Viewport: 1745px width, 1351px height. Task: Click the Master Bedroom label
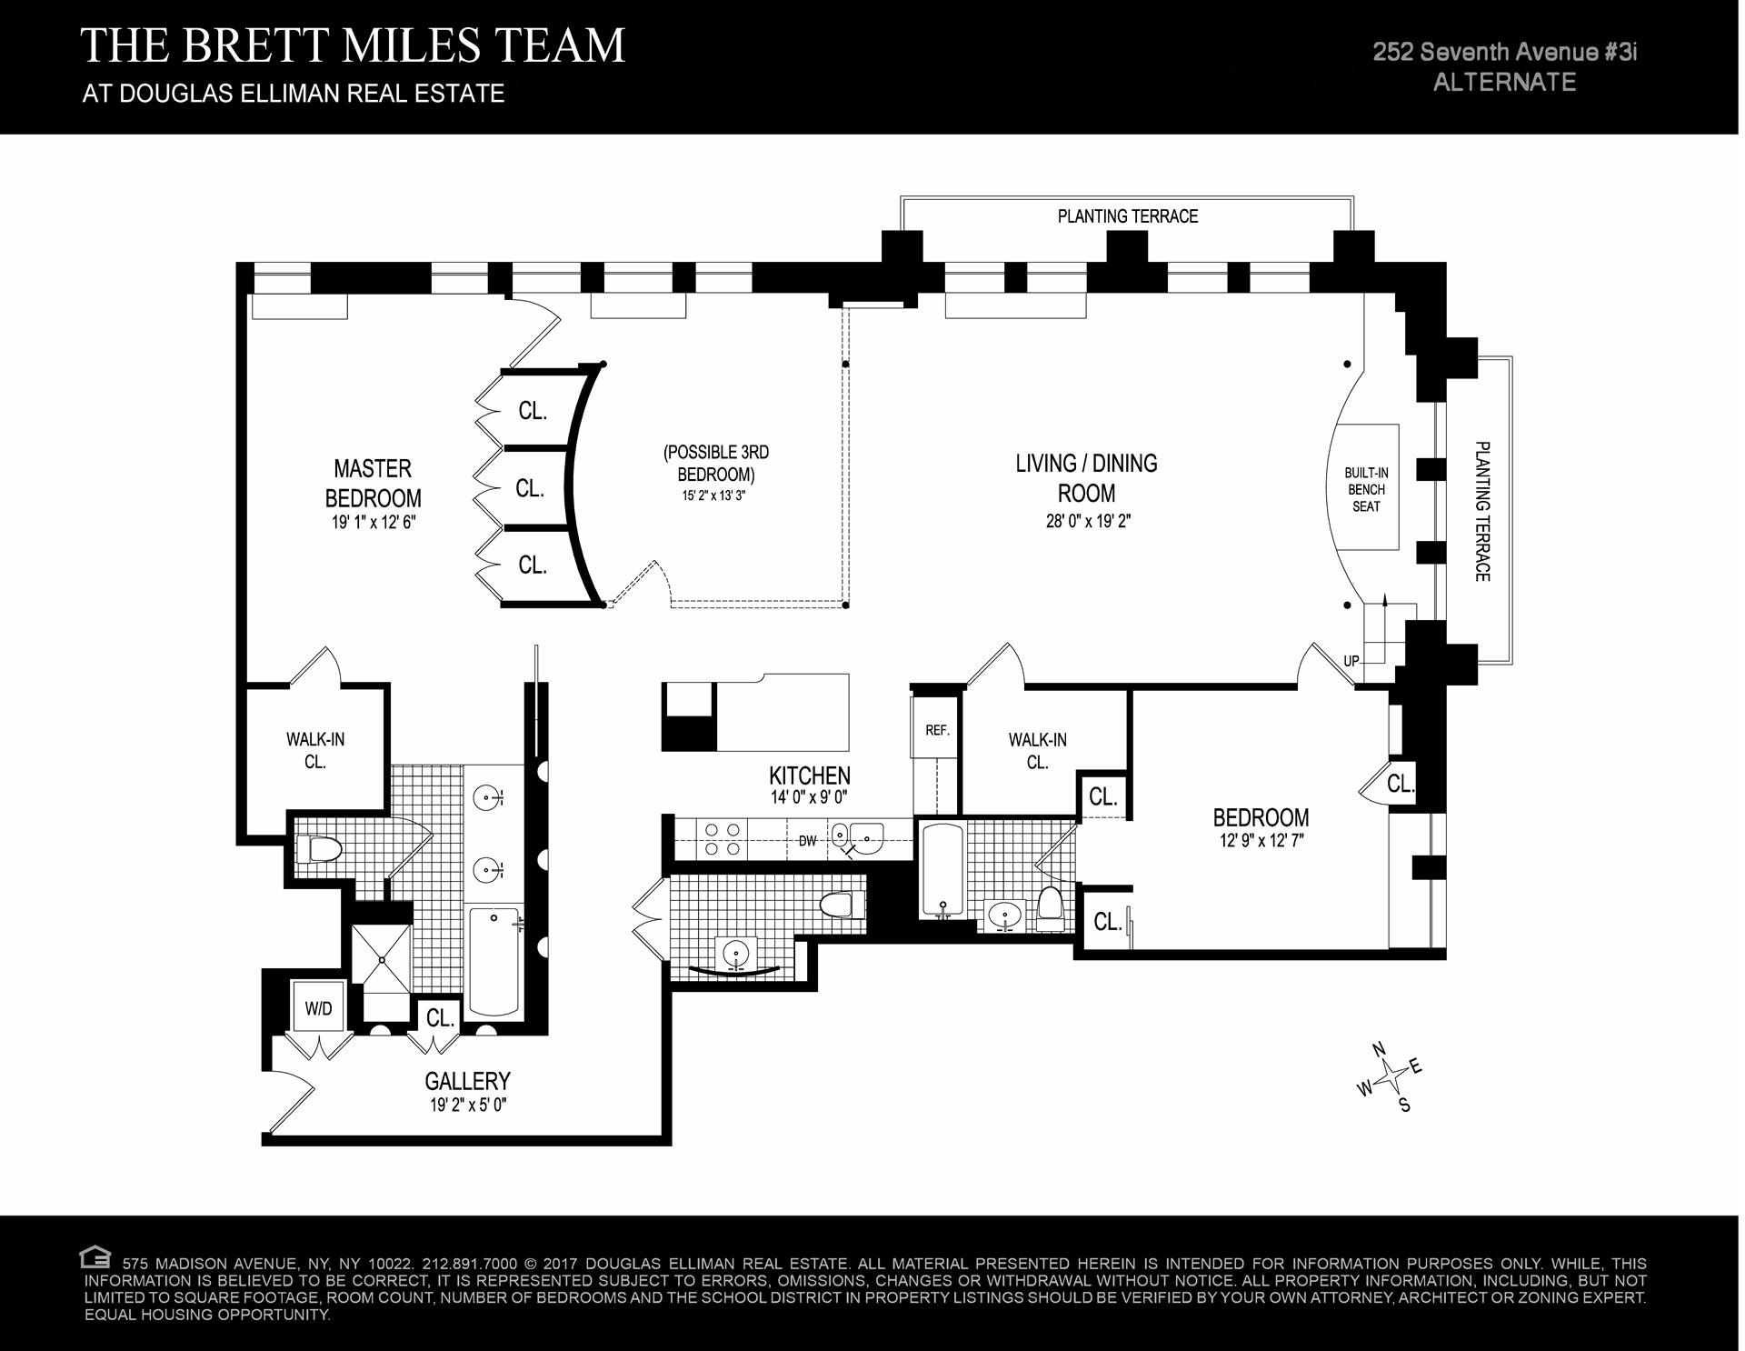(x=373, y=483)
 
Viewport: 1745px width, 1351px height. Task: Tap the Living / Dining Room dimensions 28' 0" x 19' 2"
(x=1087, y=522)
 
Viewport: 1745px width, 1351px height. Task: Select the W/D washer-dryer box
(x=318, y=1008)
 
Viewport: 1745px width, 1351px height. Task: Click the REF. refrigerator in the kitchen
(x=936, y=730)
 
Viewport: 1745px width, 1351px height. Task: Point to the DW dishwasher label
(x=807, y=841)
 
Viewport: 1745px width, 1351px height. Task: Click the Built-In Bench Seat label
(x=1366, y=489)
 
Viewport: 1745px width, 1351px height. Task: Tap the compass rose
(x=1391, y=1078)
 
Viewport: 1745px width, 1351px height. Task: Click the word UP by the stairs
(x=1351, y=661)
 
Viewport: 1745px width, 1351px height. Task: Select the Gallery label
(x=467, y=1081)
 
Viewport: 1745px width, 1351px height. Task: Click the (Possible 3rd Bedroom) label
(x=716, y=463)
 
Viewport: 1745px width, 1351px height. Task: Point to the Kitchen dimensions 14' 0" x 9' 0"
(x=809, y=797)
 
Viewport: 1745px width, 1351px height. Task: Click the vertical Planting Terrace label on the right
(x=1481, y=511)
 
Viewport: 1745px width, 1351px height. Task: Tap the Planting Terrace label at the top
(x=1127, y=216)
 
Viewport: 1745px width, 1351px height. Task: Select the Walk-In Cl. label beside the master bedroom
(x=314, y=750)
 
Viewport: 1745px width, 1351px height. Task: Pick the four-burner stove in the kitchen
(x=722, y=839)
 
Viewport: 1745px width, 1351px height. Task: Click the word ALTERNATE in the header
(x=1504, y=82)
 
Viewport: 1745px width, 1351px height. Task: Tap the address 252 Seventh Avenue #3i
(x=1504, y=52)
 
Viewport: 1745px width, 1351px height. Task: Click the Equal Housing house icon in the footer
(x=95, y=1257)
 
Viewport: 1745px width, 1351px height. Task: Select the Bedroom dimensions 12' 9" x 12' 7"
(x=1261, y=841)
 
